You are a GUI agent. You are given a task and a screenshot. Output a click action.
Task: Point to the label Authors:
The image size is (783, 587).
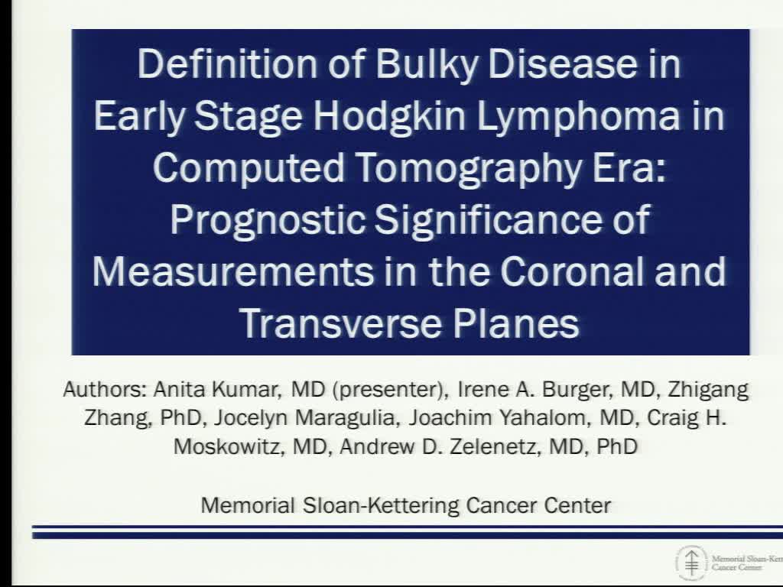[105, 390]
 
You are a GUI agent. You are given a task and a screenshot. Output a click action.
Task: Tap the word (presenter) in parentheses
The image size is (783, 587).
[390, 390]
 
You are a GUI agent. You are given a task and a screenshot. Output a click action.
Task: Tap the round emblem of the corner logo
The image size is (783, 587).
[691, 563]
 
